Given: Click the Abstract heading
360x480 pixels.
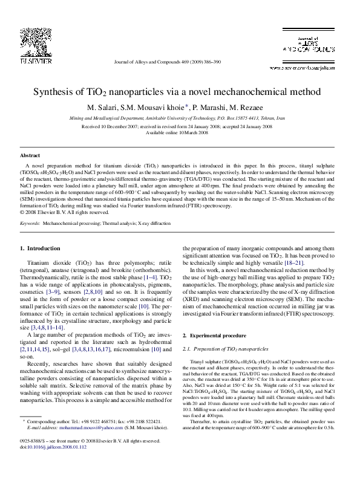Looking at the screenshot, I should pyautogui.click(x=30, y=155).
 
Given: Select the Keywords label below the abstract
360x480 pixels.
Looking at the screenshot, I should pyautogui.click(x=30, y=223).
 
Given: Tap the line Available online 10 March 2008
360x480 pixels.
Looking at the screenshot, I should pyautogui.click(x=180, y=132).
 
